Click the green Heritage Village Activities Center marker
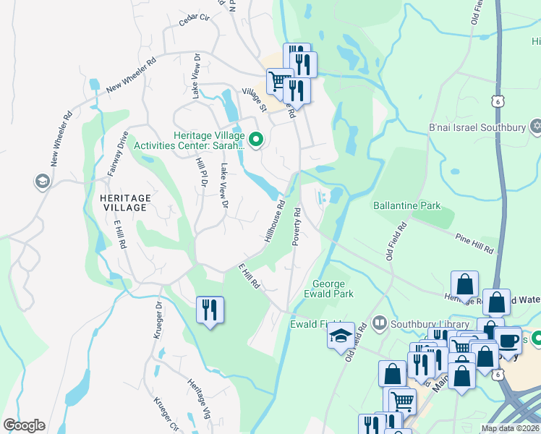[255, 138]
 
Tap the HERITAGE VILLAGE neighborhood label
[121, 203]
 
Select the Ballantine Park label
[406, 205]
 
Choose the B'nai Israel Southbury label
[477, 128]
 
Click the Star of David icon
[535, 128]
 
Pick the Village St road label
[253, 98]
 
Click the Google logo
[23, 425]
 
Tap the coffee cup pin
[508, 341]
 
